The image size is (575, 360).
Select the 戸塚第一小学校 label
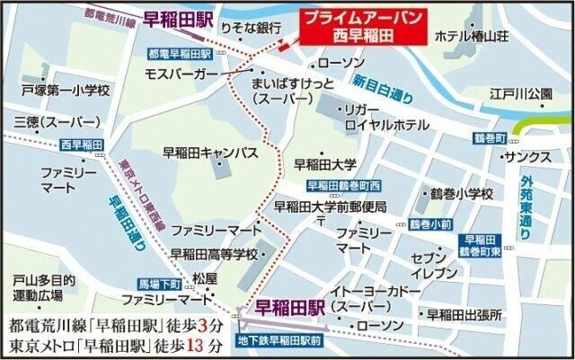66,91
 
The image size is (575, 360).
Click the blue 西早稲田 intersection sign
82,145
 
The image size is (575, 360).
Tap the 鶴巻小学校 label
461,193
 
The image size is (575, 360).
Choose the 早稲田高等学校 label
214,252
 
